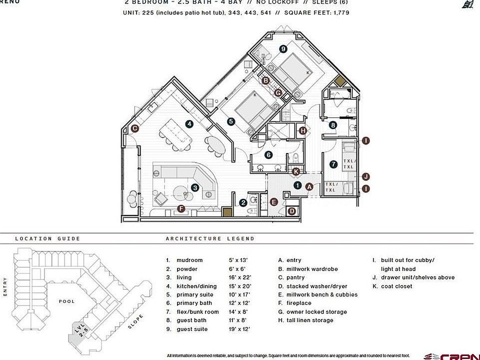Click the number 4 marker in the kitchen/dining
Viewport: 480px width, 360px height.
coord(189,123)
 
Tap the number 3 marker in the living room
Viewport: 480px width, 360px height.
coord(195,187)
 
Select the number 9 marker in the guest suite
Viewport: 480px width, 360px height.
coord(283,48)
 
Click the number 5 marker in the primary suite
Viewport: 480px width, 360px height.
coord(230,121)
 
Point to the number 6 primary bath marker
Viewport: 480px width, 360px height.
coord(268,155)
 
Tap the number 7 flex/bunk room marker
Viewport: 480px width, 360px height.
coord(333,163)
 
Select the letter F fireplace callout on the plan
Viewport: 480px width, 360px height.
coord(181,208)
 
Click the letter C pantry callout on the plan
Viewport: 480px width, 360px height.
coord(134,128)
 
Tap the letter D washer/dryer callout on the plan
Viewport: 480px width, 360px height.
coord(292,211)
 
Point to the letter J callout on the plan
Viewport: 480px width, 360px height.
coord(366,176)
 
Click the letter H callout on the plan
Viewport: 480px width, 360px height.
coord(302,130)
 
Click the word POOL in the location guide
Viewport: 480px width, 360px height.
coord(66,301)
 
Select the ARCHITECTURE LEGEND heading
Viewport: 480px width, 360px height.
coord(210,239)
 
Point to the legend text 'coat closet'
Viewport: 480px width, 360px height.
coord(396,286)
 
